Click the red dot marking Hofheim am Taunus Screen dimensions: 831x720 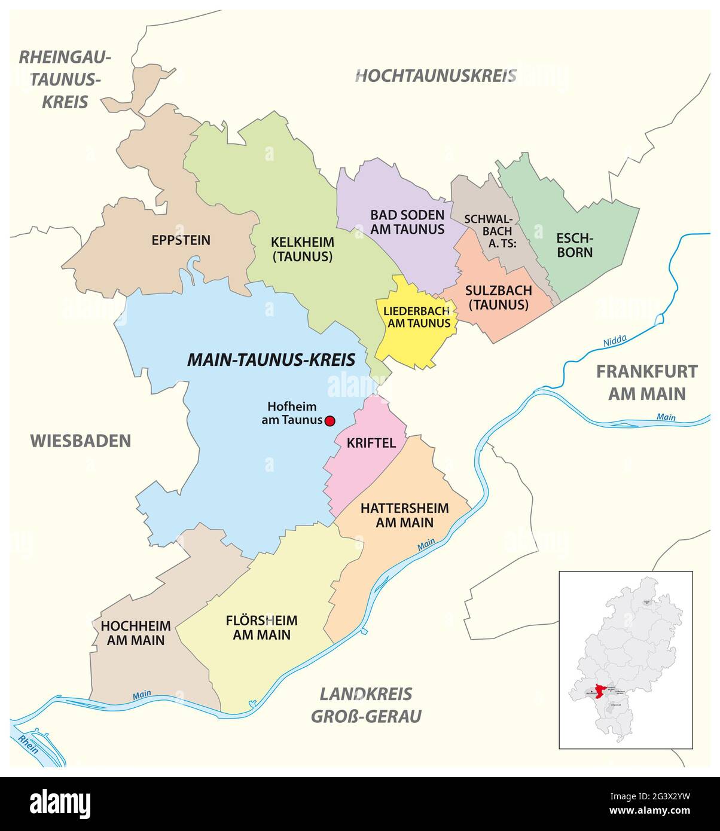pyautogui.click(x=329, y=421)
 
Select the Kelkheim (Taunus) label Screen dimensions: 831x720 pyautogui.click(x=302, y=249)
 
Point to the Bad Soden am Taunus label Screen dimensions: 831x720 pyautogui.click(x=407, y=222)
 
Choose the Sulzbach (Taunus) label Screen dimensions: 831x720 pyautogui.click(x=498, y=297)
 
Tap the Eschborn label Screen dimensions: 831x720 pyautogui.click(x=575, y=245)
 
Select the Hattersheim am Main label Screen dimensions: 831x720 pyautogui.click(x=405, y=515)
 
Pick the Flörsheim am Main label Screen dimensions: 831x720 pyautogui.click(x=261, y=627)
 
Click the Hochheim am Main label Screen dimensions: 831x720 pyautogui.click(x=136, y=633)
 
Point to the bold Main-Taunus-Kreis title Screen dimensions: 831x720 pyautogui.click(x=271, y=360)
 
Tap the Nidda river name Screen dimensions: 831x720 pyautogui.click(x=614, y=341)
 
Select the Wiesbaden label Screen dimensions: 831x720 pyautogui.click(x=80, y=441)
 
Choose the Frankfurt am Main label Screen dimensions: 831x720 pyautogui.click(x=646, y=383)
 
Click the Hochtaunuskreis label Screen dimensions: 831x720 pyautogui.click(x=435, y=76)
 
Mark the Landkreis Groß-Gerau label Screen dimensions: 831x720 pyautogui.click(x=366, y=705)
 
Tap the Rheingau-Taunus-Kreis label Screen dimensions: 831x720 pyautogui.click(x=65, y=80)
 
